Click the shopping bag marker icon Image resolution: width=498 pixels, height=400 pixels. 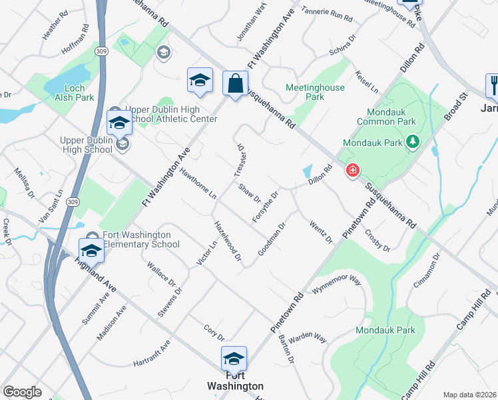click(x=235, y=84)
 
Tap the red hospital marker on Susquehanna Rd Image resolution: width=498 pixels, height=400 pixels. click(x=352, y=171)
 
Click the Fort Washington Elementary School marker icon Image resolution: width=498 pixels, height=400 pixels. click(x=91, y=250)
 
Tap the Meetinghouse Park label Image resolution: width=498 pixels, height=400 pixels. click(x=314, y=92)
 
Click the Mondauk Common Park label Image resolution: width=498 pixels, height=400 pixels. click(x=386, y=117)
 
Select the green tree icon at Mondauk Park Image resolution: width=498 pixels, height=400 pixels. click(x=413, y=142)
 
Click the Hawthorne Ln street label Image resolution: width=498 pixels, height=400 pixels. click(x=198, y=184)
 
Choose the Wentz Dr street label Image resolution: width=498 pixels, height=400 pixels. click(x=321, y=231)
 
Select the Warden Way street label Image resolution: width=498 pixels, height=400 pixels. click(x=308, y=337)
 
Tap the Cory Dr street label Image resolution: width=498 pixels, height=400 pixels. click(x=214, y=331)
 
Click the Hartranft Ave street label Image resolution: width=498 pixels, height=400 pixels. click(x=152, y=354)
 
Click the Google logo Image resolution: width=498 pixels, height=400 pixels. click(x=23, y=392)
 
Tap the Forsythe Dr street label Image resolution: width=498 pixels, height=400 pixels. click(x=264, y=207)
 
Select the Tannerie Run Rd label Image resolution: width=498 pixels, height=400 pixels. click(x=326, y=13)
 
